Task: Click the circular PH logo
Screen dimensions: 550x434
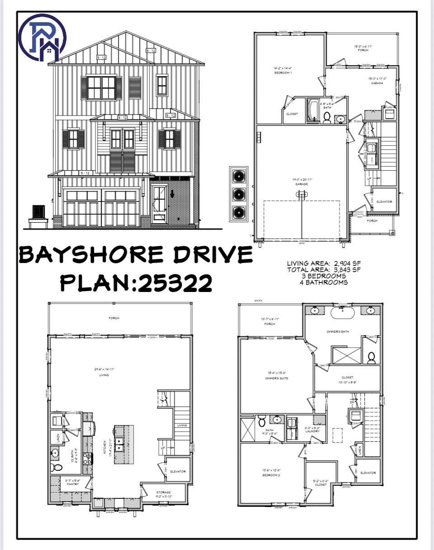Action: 42,37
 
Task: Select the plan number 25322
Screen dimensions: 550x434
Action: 175,283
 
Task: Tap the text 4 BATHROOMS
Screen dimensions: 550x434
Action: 323,282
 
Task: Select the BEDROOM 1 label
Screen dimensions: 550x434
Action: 283,72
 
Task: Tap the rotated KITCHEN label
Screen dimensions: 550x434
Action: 105,448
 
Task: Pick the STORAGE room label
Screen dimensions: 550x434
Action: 164,492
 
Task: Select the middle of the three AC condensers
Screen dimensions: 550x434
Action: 238,194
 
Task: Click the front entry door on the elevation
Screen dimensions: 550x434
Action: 159,202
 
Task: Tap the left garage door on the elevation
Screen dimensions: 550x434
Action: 81,208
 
